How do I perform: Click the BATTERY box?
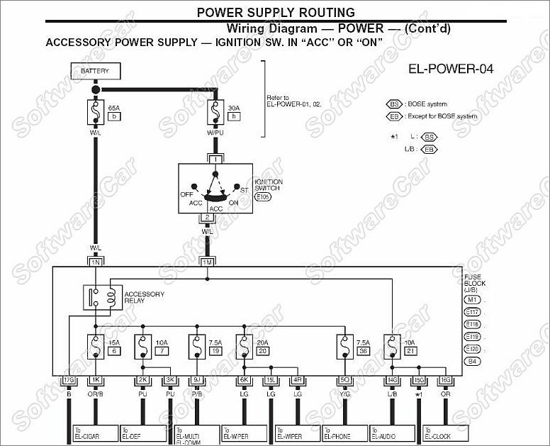point(95,72)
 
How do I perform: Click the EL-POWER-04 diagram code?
point(451,69)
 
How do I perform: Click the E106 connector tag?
point(263,196)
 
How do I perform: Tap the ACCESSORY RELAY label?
point(144,297)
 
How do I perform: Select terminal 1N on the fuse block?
point(95,262)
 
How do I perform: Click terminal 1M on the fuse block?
point(207,262)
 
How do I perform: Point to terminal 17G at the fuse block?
point(69,380)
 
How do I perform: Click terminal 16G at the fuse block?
point(445,380)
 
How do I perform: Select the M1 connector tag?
point(472,300)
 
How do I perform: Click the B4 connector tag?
point(472,362)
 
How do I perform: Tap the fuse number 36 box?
point(364,351)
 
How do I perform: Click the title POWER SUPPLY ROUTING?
point(276,12)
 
